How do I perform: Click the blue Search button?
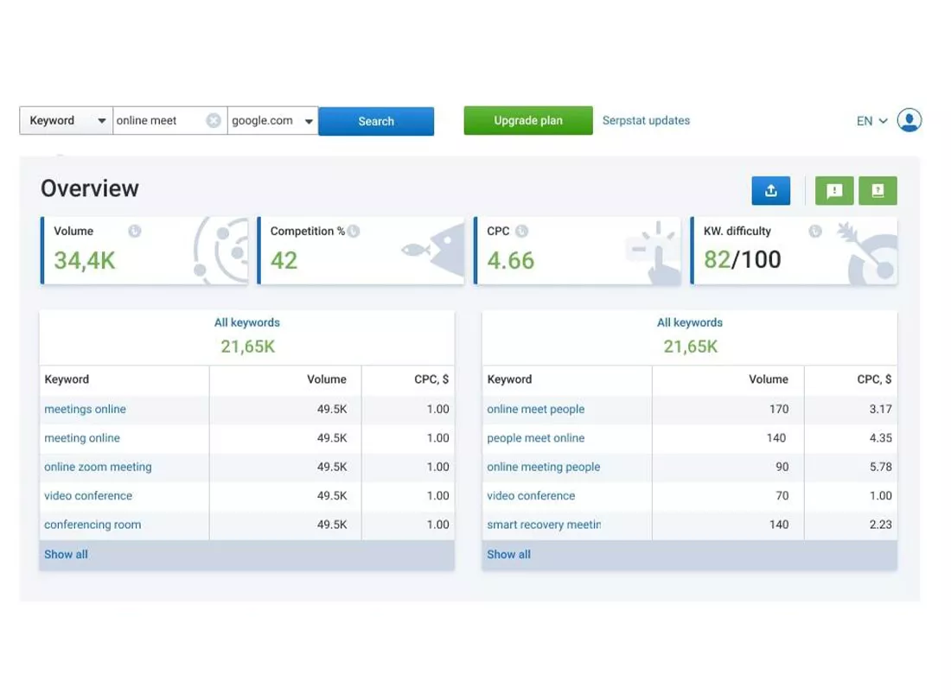(x=376, y=121)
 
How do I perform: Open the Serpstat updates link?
(x=646, y=121)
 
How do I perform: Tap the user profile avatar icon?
(x=910, y=120)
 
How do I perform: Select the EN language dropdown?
(x=871, y=121)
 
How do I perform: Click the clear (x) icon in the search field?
(x=214, y=121)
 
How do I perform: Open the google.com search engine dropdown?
(x=273, y=121)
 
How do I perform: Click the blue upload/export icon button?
(x=771, y=191)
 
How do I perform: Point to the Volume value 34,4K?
(x=85, y=261)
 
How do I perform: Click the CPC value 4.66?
(x=511, y=261)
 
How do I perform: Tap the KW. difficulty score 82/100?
(x=743, y=259)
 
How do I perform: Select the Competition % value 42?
(x=284, y=261)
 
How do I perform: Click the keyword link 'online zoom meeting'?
(x=98, y=467)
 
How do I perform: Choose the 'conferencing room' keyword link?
(x=93, y=525)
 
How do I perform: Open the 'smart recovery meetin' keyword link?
(x=544, y=525)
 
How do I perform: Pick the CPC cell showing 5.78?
(x=881, y=467)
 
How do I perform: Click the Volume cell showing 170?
(x=779, y=409)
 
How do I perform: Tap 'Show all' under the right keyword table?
(x=508, y=554)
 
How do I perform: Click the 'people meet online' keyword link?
(x=535, y=437)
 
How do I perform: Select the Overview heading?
(x=90, y=188)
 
